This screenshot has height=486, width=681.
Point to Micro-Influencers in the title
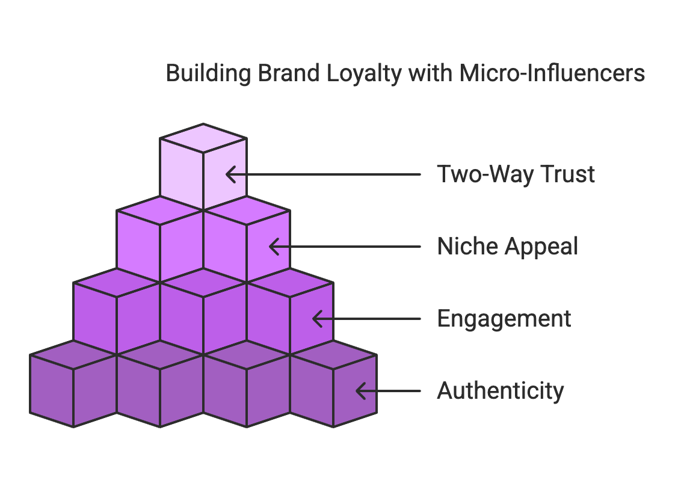click(551, 74)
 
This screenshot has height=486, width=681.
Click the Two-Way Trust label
click(516, 174)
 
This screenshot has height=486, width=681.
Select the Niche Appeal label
click(507, 247)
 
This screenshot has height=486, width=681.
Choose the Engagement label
click(504, 319)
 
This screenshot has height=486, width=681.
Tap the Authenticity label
click(500, 391)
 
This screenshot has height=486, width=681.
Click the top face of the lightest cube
click(203, 138)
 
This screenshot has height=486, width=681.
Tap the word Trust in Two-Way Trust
click(567, 174)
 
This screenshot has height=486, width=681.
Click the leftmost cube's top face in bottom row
click(73, 354)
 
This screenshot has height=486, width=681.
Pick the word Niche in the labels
click(463, 247)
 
